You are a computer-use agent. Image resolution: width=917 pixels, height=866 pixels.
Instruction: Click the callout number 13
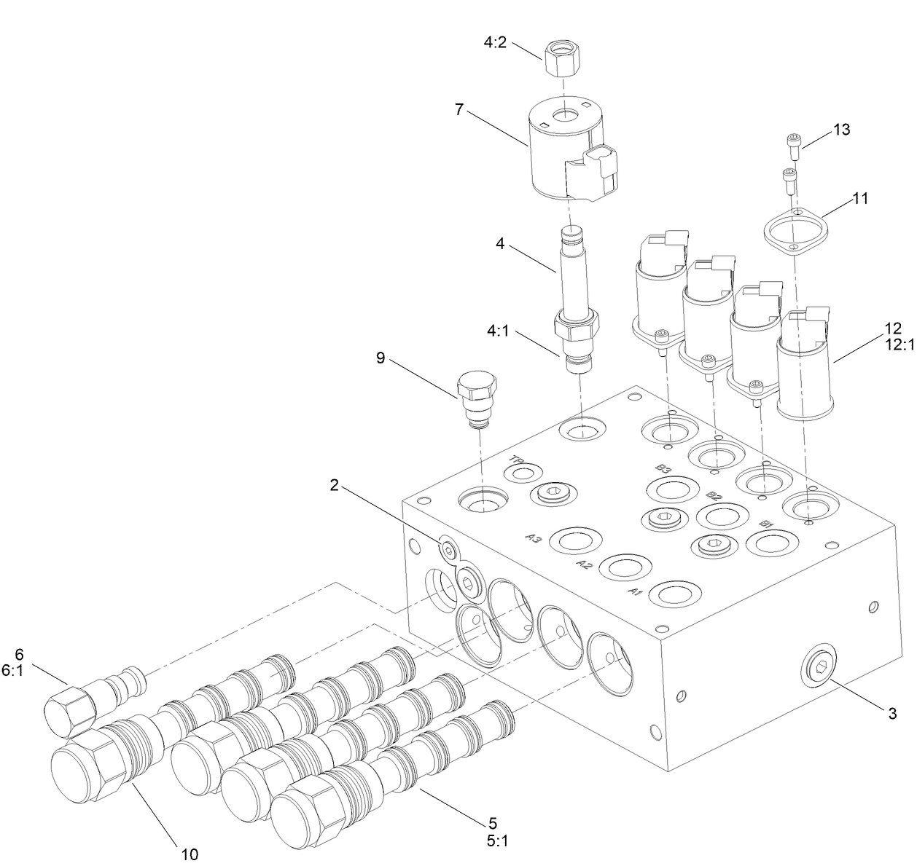841,130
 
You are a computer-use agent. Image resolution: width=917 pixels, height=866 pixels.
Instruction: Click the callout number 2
335,486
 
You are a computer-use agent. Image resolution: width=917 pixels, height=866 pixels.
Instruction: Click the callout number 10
189,854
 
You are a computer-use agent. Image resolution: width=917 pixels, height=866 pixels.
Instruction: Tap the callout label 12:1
899,346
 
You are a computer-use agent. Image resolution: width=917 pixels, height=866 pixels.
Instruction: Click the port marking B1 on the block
765,524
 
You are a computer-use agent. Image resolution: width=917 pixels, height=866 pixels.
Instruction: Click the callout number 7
458,109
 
